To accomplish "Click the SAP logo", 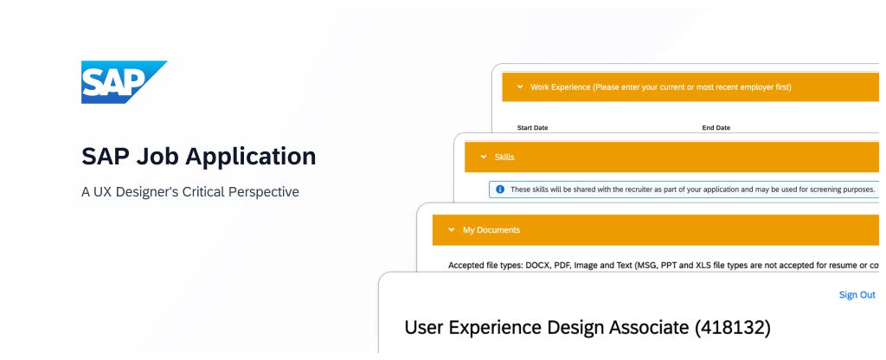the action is point(124,82).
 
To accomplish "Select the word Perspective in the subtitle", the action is point(264,192).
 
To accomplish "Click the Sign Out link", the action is point(857,295).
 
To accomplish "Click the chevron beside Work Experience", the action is point(520,87).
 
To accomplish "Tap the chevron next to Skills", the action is point(483,157).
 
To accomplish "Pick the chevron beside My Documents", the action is point(451,230).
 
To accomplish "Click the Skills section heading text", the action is point(504,157).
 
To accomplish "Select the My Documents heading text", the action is point(491,230).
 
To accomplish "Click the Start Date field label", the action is point(533,128).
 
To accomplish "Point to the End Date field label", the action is point(716,128).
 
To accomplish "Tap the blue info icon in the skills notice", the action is point(500,190).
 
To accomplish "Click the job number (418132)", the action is point(732,327).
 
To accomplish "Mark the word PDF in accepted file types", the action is point(560,265).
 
